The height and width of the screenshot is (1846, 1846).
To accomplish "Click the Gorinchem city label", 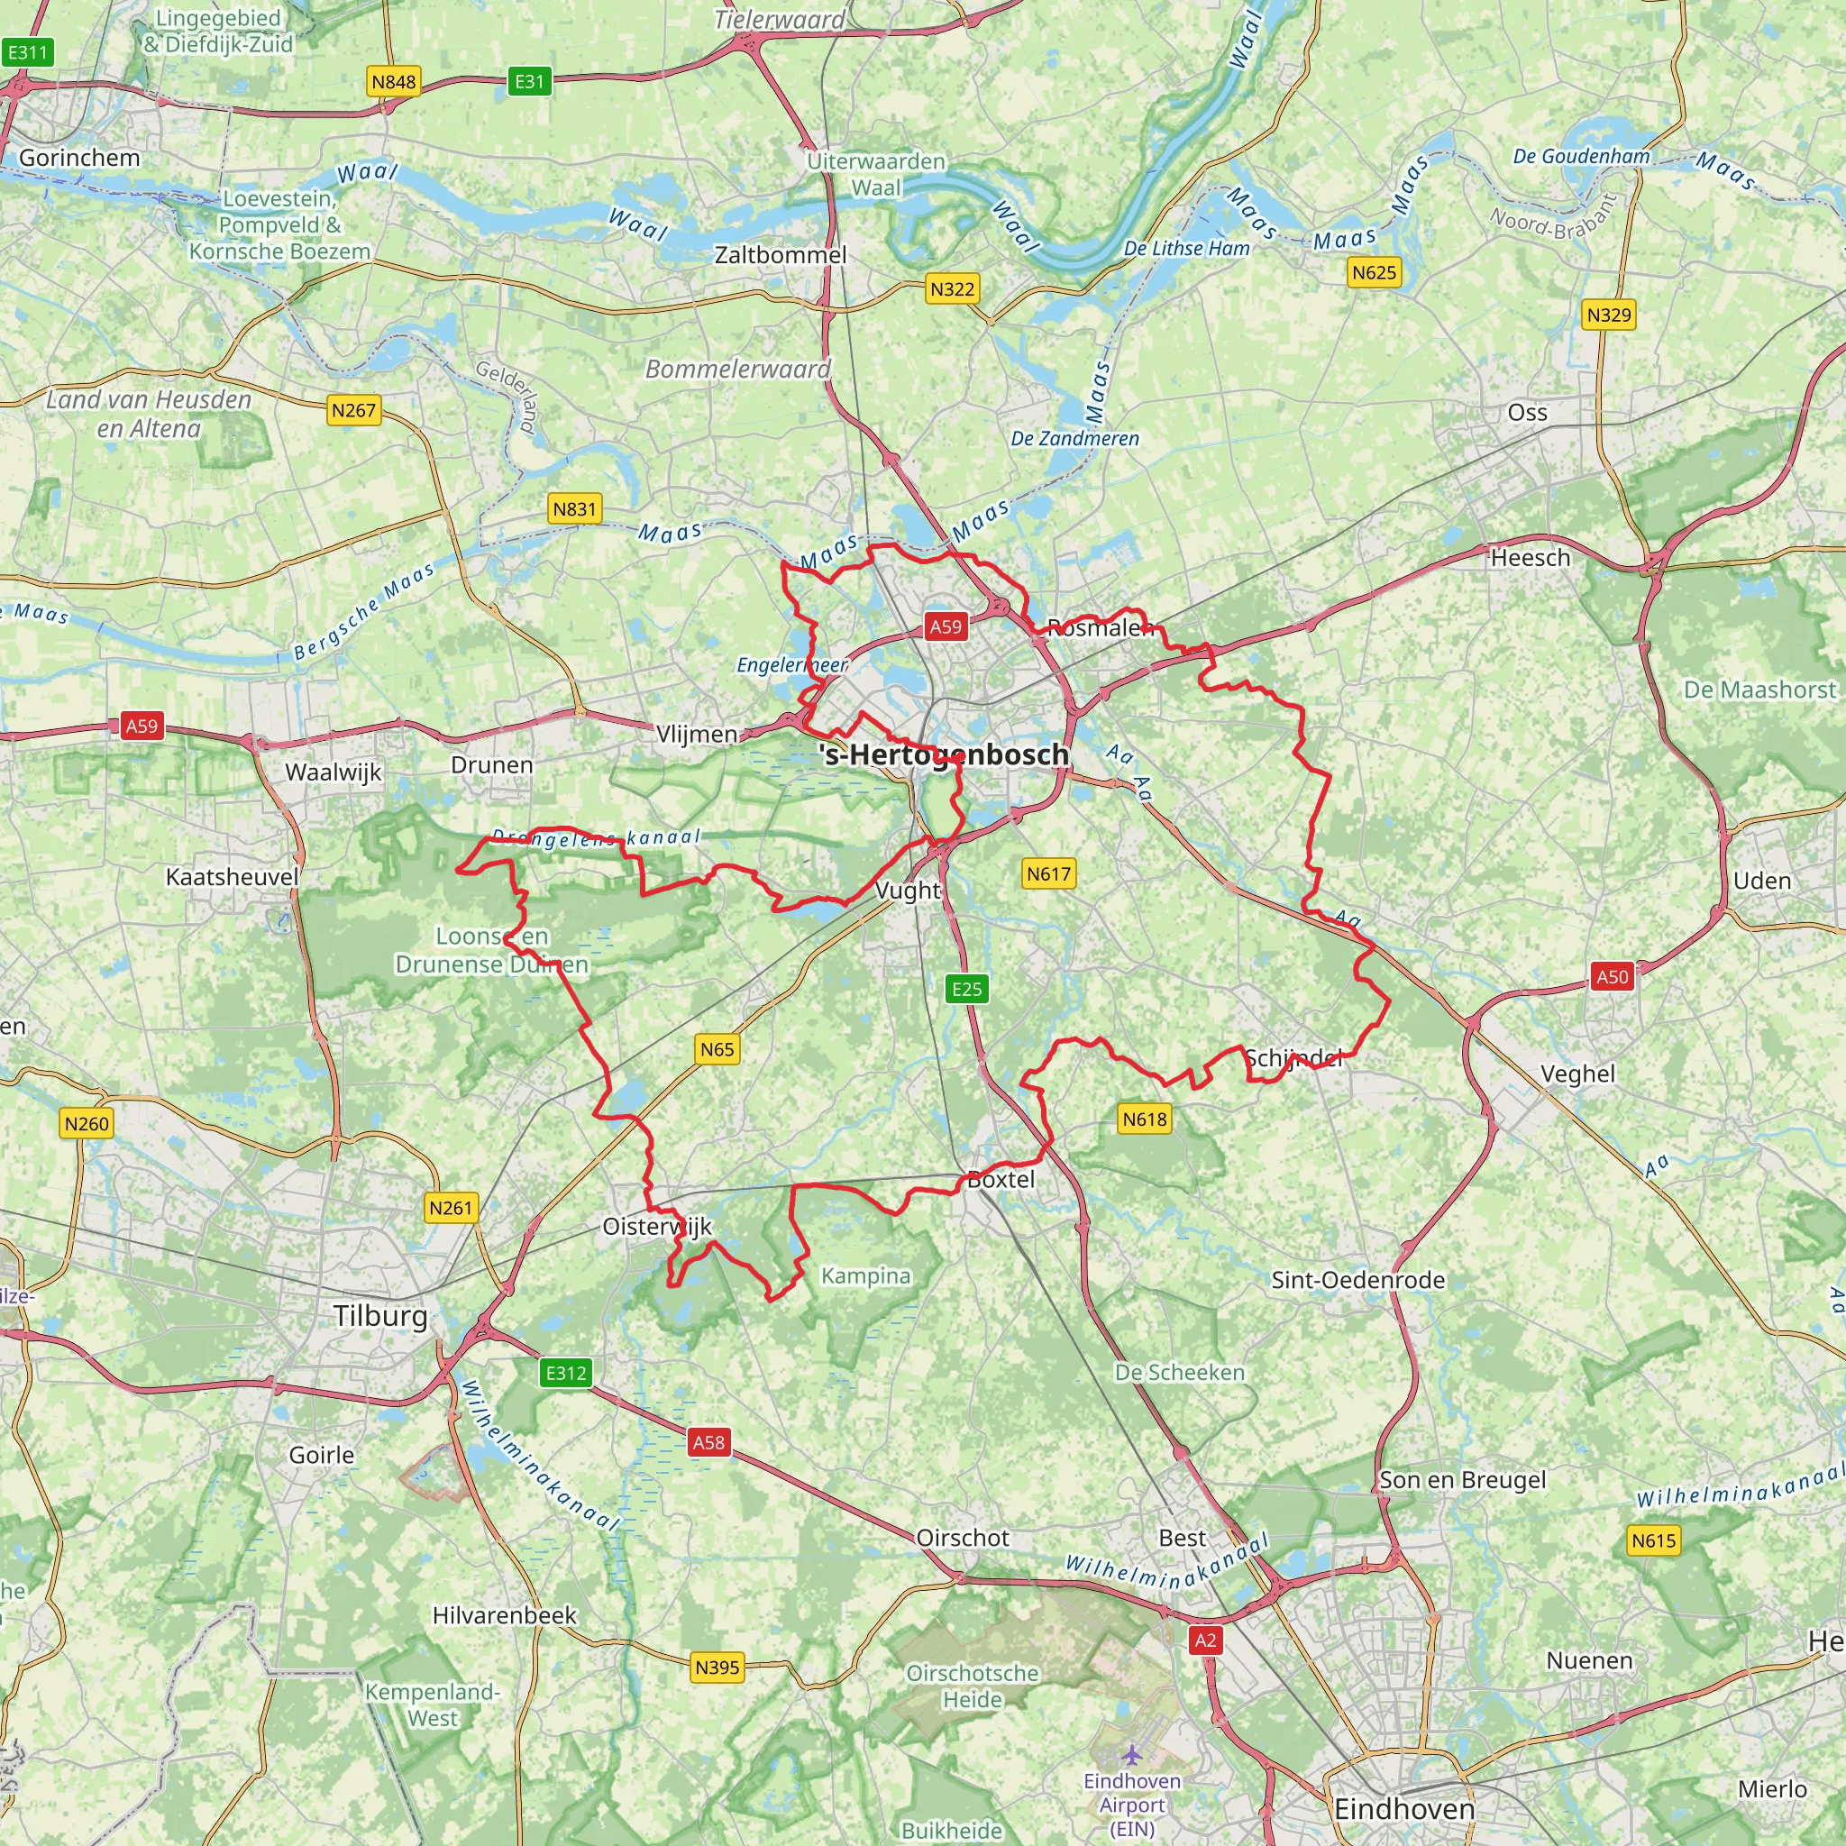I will coord(79,158).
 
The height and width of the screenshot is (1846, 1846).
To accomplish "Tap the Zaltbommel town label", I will coord(781,255).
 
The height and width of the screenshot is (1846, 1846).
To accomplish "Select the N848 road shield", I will coord(394,82).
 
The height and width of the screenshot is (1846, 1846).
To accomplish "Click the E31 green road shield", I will coord(529,81).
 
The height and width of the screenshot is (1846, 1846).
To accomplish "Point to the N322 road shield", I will coord(953,288).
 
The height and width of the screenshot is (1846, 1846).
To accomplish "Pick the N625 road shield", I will coord(1374,273).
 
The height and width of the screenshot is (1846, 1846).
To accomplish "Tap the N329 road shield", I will coord(1609,315).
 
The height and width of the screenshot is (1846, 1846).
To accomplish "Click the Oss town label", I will coord(1527,413).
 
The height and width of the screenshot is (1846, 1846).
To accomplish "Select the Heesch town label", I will coord(1530,558).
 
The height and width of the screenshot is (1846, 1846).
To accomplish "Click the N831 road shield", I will coord(574,509).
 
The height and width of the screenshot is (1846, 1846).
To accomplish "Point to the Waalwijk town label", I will coord(334,772).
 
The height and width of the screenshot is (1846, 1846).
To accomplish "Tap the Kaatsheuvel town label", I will coord(233,877).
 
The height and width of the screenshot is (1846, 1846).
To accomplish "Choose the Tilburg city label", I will coord(381,1316).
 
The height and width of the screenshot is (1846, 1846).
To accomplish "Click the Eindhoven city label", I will coord(1403,1809).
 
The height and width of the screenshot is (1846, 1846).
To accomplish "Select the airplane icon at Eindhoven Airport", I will coord(1132,1754).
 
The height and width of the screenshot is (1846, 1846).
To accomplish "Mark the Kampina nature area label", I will coord(865,1275).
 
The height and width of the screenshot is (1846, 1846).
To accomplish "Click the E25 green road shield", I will coord(967,989).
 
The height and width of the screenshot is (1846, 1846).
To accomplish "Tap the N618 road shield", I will coord(1145,1119).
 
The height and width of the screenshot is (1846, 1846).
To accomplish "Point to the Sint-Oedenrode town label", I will coord(1357,1280).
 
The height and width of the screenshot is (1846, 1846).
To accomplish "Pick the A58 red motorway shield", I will coord(709,1442).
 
